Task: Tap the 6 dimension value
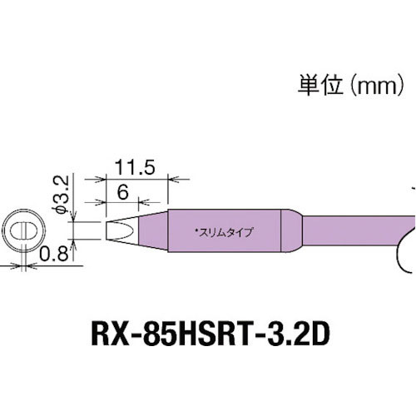click(x=122, y=190)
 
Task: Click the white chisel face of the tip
click(x=120, y=230)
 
